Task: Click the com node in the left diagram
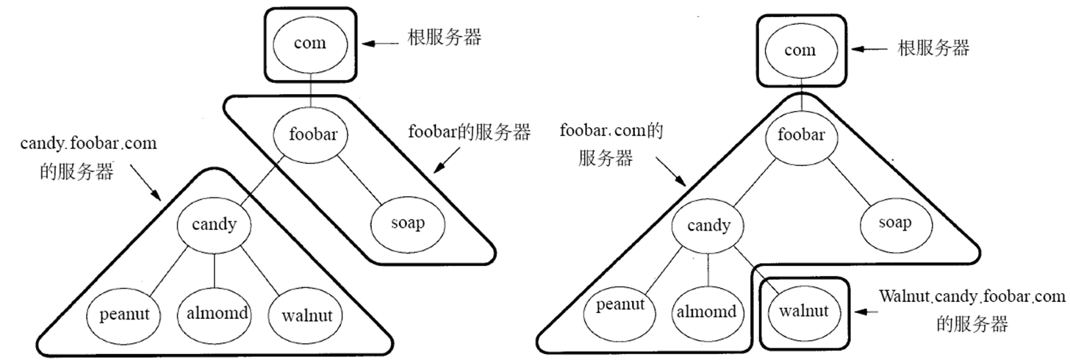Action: tap(309, 43)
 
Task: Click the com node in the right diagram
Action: tap(800, 50)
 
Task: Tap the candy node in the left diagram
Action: tap(215, 223)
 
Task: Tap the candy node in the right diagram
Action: tap(708, 225)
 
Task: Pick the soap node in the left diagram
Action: tap(409, 223)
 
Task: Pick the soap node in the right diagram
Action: tap(894, 222)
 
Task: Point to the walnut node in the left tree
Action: tap(307, 316)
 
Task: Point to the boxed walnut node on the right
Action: tap(804, 311)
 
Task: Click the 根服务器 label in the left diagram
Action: tap(445, 38)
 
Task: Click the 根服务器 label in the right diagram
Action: tap(933, 48)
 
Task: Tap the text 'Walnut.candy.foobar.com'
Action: tap(972, 298)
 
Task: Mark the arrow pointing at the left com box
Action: tap(380, 43)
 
